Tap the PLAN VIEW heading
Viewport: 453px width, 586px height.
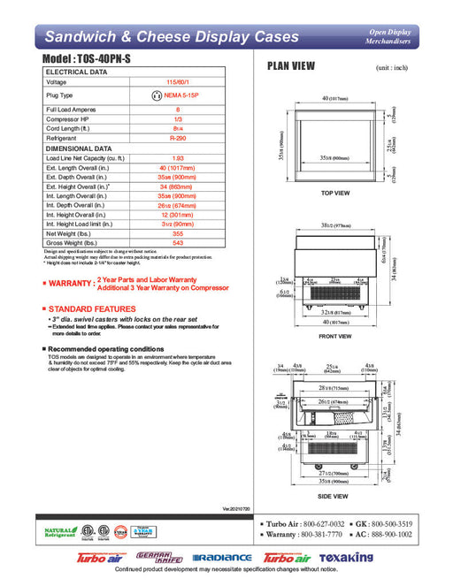[x=292, y=66]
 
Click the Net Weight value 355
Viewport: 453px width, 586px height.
[x=178, y=233]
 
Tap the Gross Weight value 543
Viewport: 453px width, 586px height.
[x=178, y=243]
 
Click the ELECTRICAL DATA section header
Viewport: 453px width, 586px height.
[x=77, y=72]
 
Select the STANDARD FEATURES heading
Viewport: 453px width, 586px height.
[x=91, y=308]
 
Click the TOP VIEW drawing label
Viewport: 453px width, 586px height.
[x=335, y=193]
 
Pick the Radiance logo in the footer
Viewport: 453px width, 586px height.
[x=224, y=559]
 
